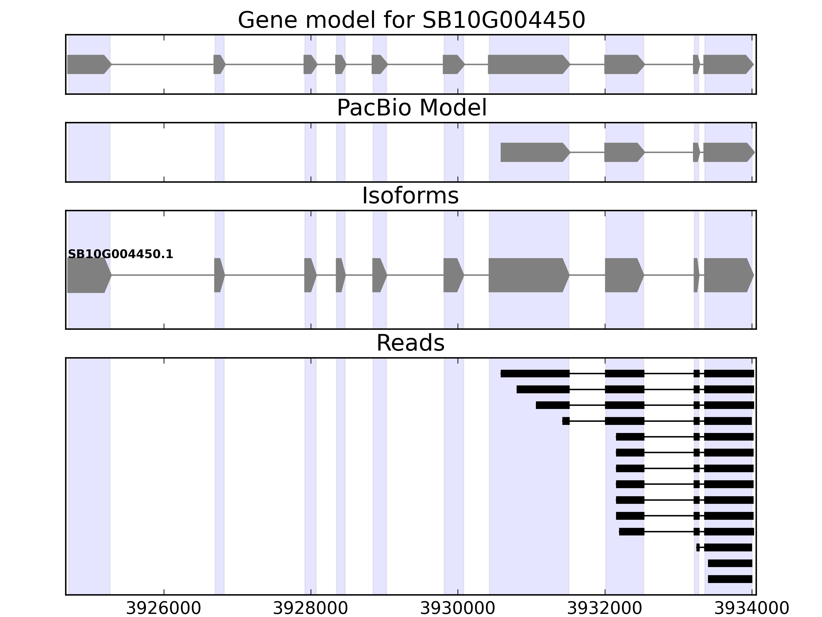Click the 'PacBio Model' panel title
pos(411,108)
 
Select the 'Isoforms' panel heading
pos(410,196)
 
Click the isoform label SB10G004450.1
pos(120,255)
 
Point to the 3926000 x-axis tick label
pos(164,609)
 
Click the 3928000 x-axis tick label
pos(311,609)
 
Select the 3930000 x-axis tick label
pos(457,609)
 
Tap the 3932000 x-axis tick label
pos(605,609)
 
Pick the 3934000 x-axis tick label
pos(751,609)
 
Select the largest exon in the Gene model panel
pos(528,64)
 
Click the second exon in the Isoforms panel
pos(219,275)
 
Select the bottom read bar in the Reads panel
pos(730,579)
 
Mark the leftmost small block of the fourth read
pos(566,421)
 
